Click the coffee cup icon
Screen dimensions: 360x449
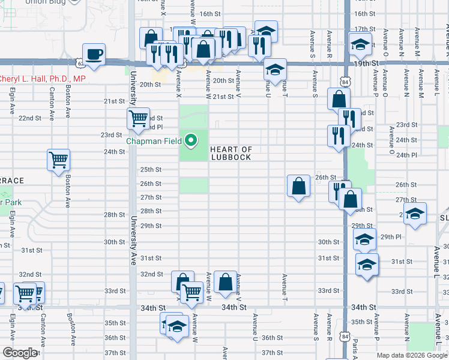tap(94, 54)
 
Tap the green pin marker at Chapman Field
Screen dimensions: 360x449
tap(191, 142)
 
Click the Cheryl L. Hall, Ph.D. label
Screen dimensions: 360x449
tap(42, 79)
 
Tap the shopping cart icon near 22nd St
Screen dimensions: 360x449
tap(138, 118)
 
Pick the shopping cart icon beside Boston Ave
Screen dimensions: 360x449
tap(58, 160)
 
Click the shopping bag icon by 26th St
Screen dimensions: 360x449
tap(298, 186)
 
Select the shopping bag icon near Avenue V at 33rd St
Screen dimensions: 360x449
tap(225, 281)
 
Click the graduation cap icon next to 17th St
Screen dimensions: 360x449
tap(360, 45)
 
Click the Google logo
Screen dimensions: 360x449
tap(20, 353)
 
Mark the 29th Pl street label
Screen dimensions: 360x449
tap(390, 237)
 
